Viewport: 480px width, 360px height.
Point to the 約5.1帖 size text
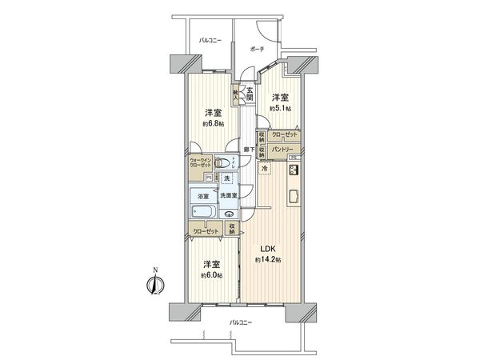(x=279, y=107)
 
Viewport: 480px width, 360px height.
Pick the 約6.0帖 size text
(x=211, y=276)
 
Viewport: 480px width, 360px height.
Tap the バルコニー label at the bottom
(x=240, y=322)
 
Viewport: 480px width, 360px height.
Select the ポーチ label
(x=257, y=49)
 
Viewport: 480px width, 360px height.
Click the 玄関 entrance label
(x=250, y=94)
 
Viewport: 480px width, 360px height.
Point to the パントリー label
(x=280, y=150)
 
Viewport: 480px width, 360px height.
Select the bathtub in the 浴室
(x=203, y=212)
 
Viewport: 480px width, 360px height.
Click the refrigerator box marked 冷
(x=265, y=169)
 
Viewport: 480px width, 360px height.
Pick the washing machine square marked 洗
(x=227, y=178)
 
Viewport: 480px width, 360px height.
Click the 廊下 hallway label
(x=250, y=150)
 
